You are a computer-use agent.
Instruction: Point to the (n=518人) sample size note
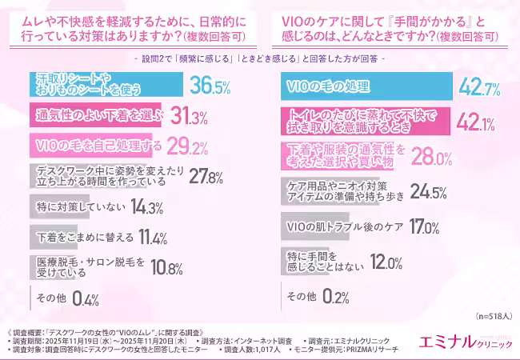click(493, 317)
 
